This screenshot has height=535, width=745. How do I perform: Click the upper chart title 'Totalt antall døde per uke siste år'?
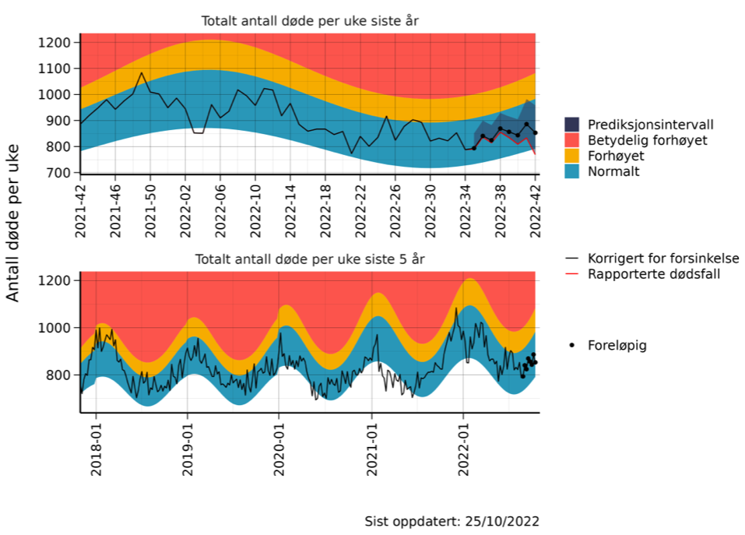310,21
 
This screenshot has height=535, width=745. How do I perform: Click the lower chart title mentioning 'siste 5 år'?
310,259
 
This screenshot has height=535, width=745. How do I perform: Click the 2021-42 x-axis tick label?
80,206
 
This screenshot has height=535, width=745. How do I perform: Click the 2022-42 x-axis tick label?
536,206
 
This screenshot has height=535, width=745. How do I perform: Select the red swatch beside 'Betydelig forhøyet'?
572,140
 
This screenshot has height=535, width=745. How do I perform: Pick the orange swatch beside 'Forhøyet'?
572,156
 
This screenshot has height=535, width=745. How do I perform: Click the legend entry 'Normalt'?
613,171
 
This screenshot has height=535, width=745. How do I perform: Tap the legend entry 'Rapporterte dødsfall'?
652,274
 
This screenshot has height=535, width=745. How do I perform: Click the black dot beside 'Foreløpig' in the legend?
572,345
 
